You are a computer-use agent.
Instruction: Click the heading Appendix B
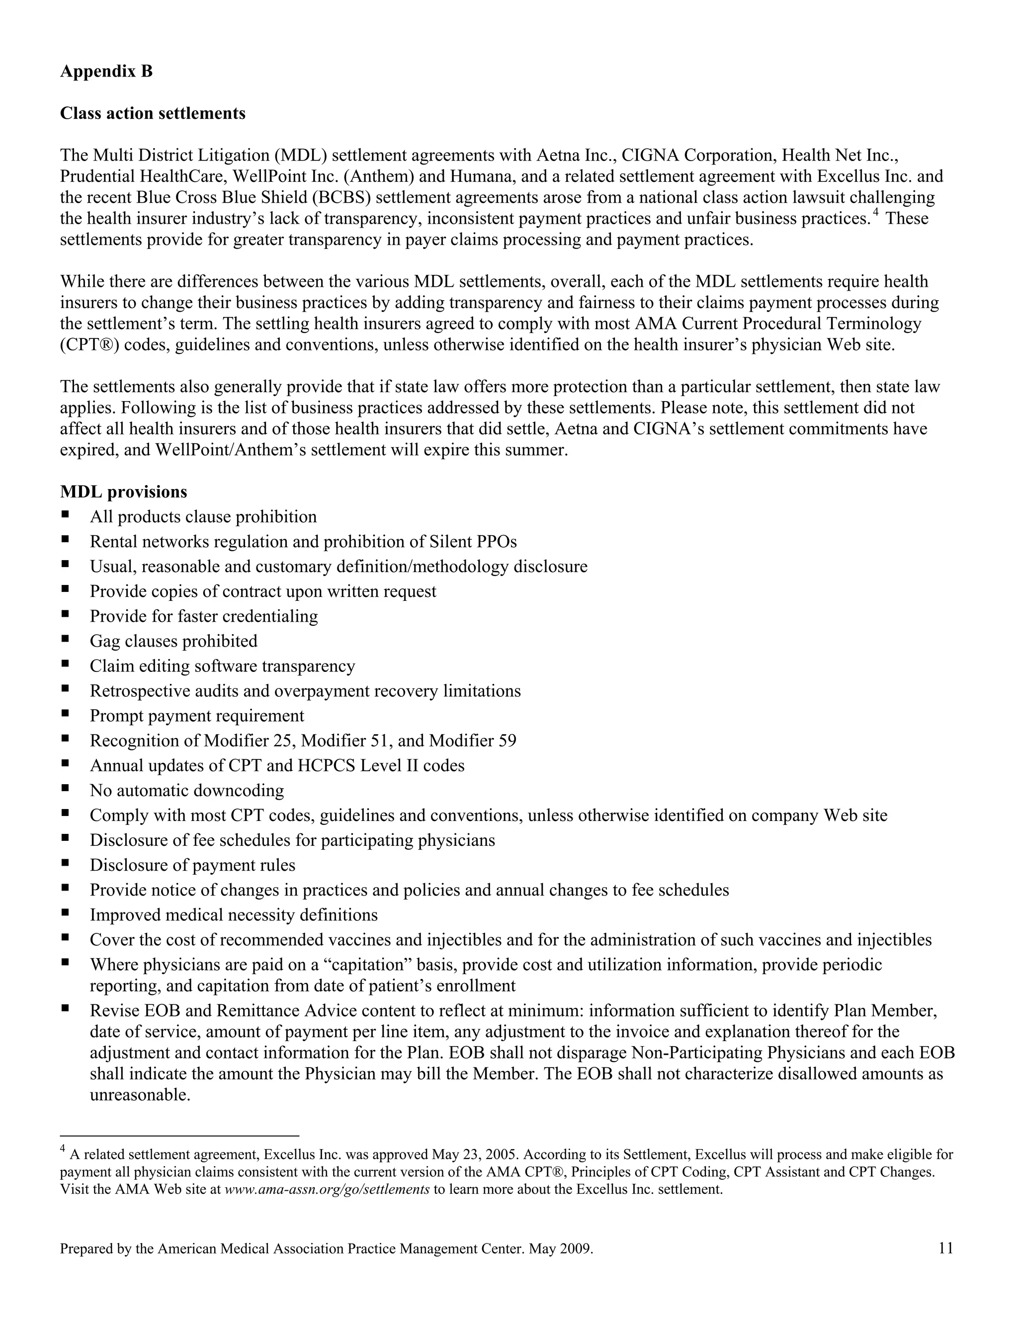[x=106, y=72]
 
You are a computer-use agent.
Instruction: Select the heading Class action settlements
[x=153, y=113]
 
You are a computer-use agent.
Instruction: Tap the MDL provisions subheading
[x=124, y=492]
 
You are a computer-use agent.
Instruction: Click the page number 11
[x=945, y=1248]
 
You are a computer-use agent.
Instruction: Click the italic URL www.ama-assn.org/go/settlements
[x=327, y=1190]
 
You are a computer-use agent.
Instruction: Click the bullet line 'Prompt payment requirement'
[x=197, y=716]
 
